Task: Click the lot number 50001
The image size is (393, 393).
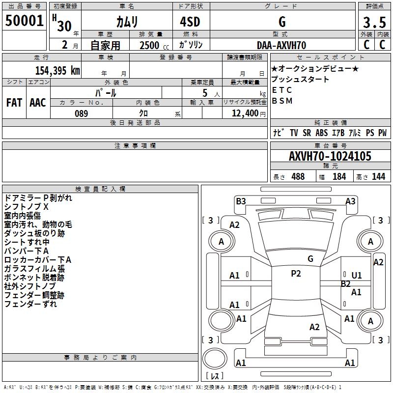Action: point(24,21)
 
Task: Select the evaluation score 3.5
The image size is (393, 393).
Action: point(374,23)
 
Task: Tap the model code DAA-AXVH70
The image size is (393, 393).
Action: point(281,45)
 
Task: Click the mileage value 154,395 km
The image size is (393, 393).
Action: point(57,70)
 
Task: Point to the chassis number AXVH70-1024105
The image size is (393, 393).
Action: point(330,157)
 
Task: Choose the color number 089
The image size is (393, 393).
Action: point(82,113)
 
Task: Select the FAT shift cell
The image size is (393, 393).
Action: point(14,103)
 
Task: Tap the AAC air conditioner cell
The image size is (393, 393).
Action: point(37,103)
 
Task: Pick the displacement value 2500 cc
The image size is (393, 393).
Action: point(150,45)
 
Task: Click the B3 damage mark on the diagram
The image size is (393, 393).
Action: point(241,201)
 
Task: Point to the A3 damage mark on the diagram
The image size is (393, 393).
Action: point(350,201)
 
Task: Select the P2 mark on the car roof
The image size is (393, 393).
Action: point(296,274)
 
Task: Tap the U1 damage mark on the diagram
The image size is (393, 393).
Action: point(357,275)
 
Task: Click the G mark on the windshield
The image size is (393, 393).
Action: point(310,258)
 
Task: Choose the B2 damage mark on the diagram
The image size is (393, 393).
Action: point(346,283)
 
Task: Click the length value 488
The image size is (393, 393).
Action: point(298,177)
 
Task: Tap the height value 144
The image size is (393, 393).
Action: point(378,177)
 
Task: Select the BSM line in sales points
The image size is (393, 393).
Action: point(282,101)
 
